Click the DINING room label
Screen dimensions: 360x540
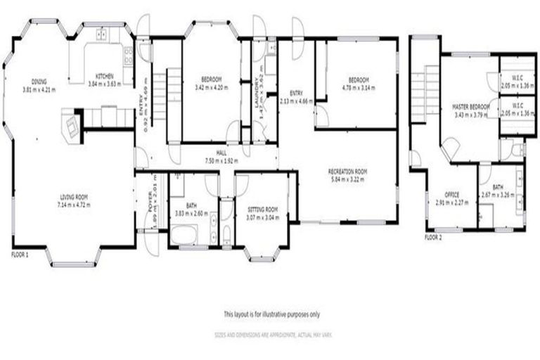point(38,81)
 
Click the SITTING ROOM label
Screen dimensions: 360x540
point(262,209)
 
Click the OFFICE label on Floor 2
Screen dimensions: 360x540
point(452,195)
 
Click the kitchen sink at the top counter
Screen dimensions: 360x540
point(101,33)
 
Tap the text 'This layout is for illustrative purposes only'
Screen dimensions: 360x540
point(271,314)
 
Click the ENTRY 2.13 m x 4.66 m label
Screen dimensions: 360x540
point(296,96)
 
